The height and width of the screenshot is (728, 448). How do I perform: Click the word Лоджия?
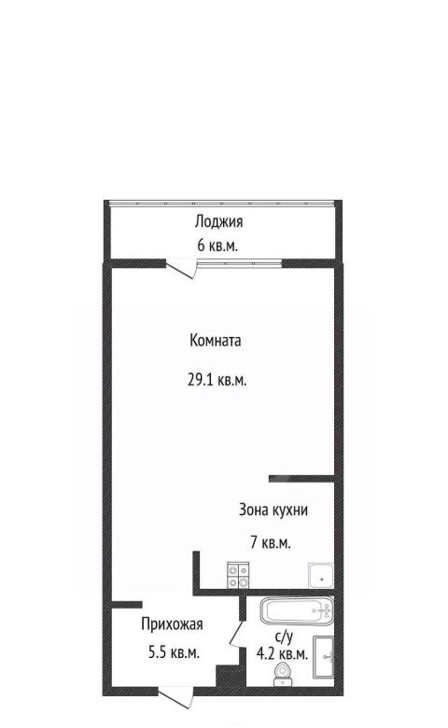(x=218, y=222)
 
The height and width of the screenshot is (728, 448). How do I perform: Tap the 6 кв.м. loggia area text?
(x=217, y=245)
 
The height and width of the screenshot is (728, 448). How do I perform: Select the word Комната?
(x=216, y=341)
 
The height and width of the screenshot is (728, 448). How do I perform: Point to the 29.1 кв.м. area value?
(x=217, y=380)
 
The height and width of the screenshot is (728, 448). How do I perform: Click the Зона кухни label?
(x=273, y=510)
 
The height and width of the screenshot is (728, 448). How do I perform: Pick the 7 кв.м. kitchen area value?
(x=271, y=542)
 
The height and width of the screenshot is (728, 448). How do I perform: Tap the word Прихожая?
(x=173, y=624)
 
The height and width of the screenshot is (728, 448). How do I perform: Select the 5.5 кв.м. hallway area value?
(x=175, y=652)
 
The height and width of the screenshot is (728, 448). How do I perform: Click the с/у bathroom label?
(x=284, y=637)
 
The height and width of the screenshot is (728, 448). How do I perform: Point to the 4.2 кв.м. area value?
(x=282, y=654)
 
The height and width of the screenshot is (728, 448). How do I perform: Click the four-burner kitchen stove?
(x=238, y=576)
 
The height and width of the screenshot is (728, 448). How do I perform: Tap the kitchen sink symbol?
(x=320, y=576)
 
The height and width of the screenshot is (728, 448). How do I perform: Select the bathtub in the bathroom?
(x=297, y=611)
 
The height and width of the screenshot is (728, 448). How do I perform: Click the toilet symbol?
(x=281, y=674)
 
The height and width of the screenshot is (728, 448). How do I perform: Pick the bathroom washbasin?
(x=324, y=655)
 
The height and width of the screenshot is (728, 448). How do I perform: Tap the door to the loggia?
(x=181, y=271)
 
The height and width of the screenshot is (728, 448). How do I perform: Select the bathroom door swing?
(x=236, y=634)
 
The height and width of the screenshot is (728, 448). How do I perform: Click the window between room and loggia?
(x=240, y=263)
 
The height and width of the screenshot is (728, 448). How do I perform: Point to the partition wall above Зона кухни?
(x=301, y=478)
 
